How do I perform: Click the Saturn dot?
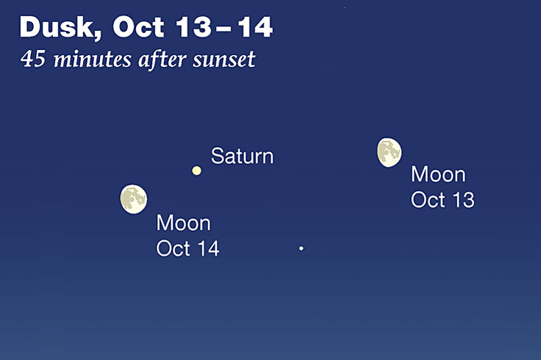(196, 170)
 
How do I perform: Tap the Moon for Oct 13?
(389, 152)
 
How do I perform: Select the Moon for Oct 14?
(133, 199)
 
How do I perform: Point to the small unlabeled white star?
(301, 249)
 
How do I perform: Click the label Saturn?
(242, 156)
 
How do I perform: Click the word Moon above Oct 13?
(438, 175)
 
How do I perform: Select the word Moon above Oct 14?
(184, 223)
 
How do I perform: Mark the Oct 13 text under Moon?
(443, 199)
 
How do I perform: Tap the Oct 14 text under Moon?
(188, 248)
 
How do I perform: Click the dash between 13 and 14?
(223, 29)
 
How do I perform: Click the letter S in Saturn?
(217, 156)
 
